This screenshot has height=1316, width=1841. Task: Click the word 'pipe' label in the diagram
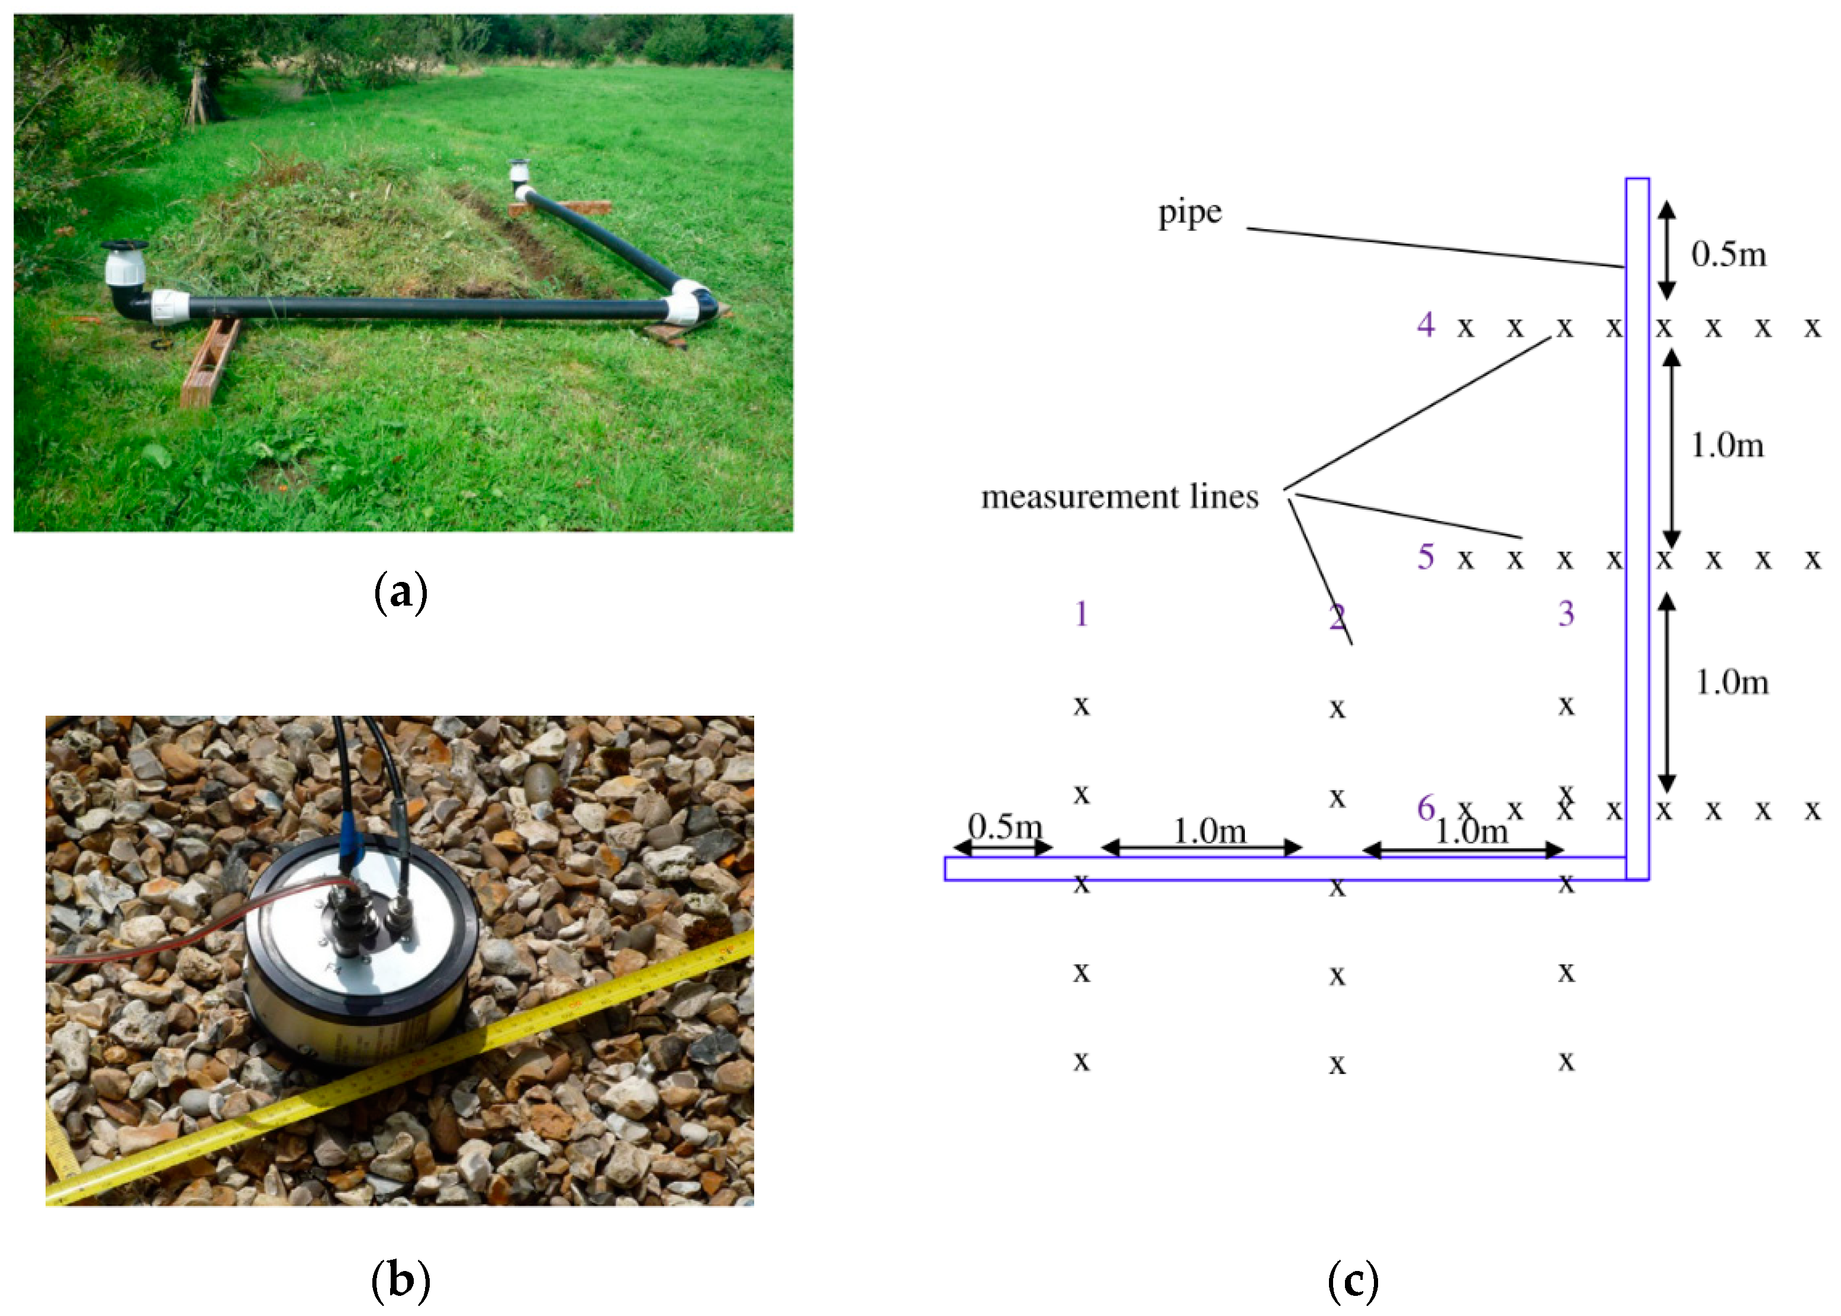(1189, 213)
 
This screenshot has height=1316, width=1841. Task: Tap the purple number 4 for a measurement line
(1425, 324)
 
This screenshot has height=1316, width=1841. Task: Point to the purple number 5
(1425, 556)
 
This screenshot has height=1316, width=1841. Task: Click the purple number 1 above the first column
(1081, 613)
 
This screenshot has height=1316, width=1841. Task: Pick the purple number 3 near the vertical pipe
(1566, 613)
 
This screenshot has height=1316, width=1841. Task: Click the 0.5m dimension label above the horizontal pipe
(1005, 826)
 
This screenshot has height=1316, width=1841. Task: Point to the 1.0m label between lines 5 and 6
(1731, 683)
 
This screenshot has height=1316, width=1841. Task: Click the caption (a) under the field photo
(400, 593)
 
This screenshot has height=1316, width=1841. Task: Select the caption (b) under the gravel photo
(400, 1280)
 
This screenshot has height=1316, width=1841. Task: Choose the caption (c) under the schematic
(1353, 1280)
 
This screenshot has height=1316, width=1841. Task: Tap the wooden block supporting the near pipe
(209, 363)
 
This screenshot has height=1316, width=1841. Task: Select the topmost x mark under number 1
(1081, 706)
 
